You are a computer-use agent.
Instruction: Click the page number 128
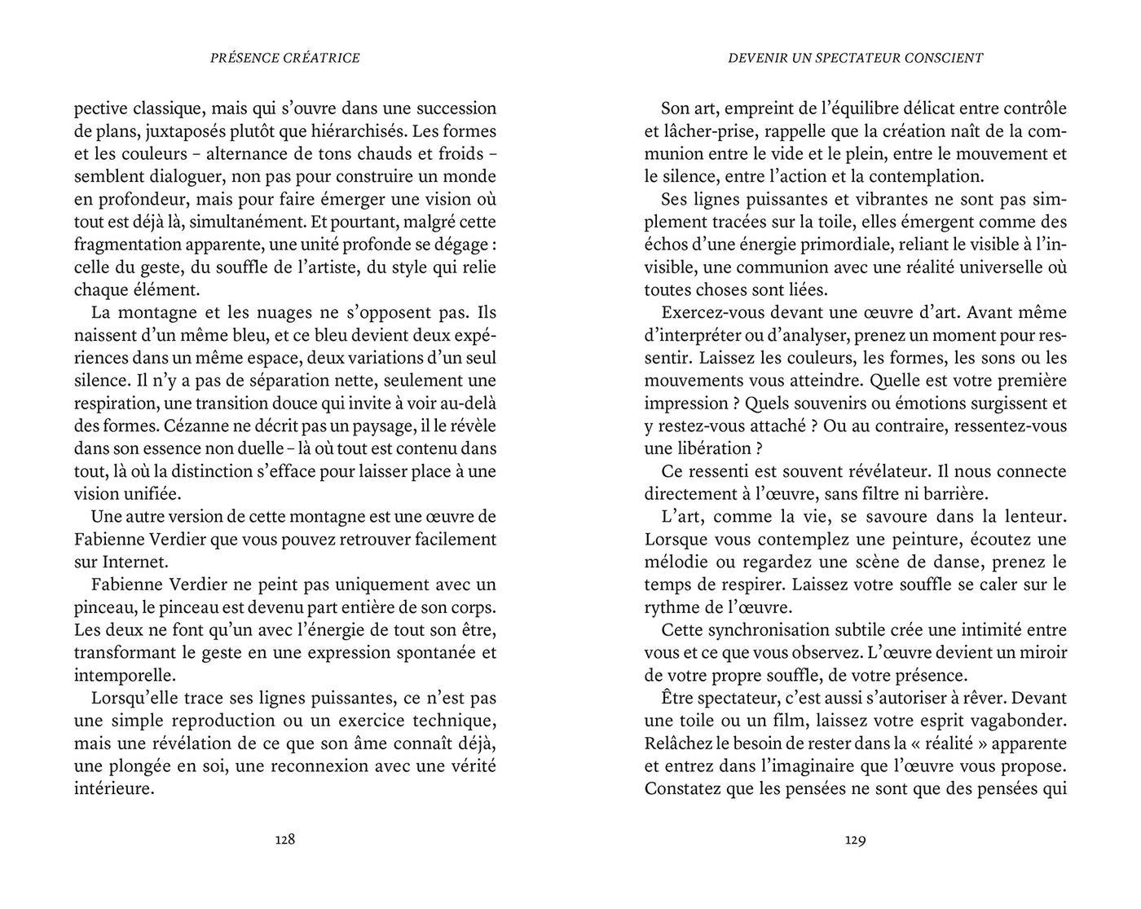pos(284,840)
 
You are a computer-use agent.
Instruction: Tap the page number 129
pos(855,840)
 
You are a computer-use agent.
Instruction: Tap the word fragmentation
pos(122,245)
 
